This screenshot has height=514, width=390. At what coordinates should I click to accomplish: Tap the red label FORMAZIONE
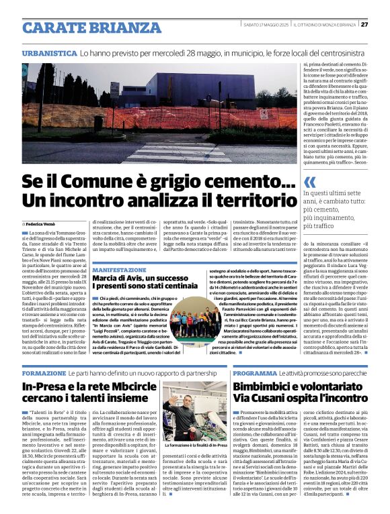[44, 372]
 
